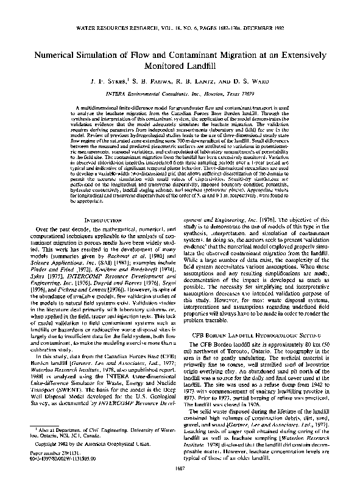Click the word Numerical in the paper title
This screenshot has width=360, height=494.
[57, 54]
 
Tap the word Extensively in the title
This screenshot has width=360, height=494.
[302, 54]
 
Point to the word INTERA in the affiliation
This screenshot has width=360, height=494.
[121, 94]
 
